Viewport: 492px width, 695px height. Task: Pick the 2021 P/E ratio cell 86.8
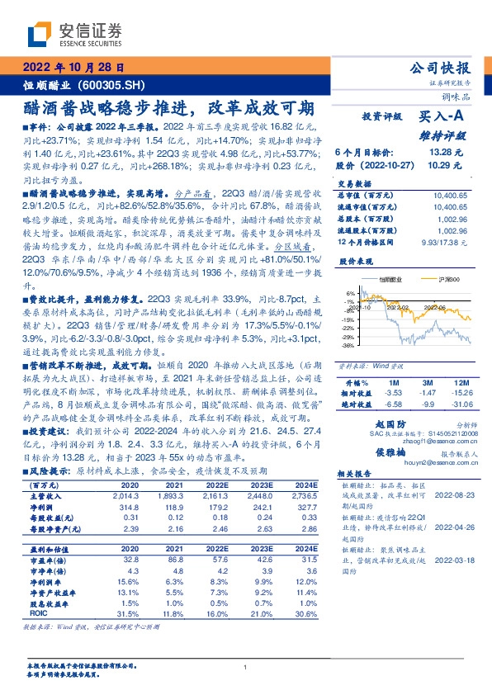point(196,558)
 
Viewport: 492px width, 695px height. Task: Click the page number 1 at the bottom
point(246,667)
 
